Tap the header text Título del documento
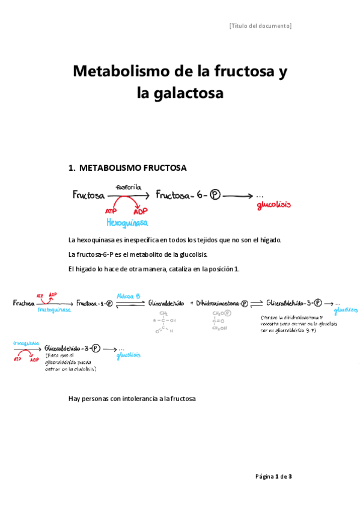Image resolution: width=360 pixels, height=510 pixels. (260, 26)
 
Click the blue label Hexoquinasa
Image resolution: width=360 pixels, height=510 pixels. (127, 223)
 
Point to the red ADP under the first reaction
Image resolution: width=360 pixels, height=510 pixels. (140, 211)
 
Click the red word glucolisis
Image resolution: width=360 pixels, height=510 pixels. (273, 205)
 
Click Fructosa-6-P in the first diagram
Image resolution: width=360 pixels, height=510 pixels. (189, 195)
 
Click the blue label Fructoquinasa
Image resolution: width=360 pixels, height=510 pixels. (54, 310)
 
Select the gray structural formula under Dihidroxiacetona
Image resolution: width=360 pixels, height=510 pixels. (220, 321)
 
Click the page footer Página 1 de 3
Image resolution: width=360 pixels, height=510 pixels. (273, 476)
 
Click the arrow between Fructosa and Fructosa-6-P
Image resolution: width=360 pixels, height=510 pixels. (129, 195)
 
